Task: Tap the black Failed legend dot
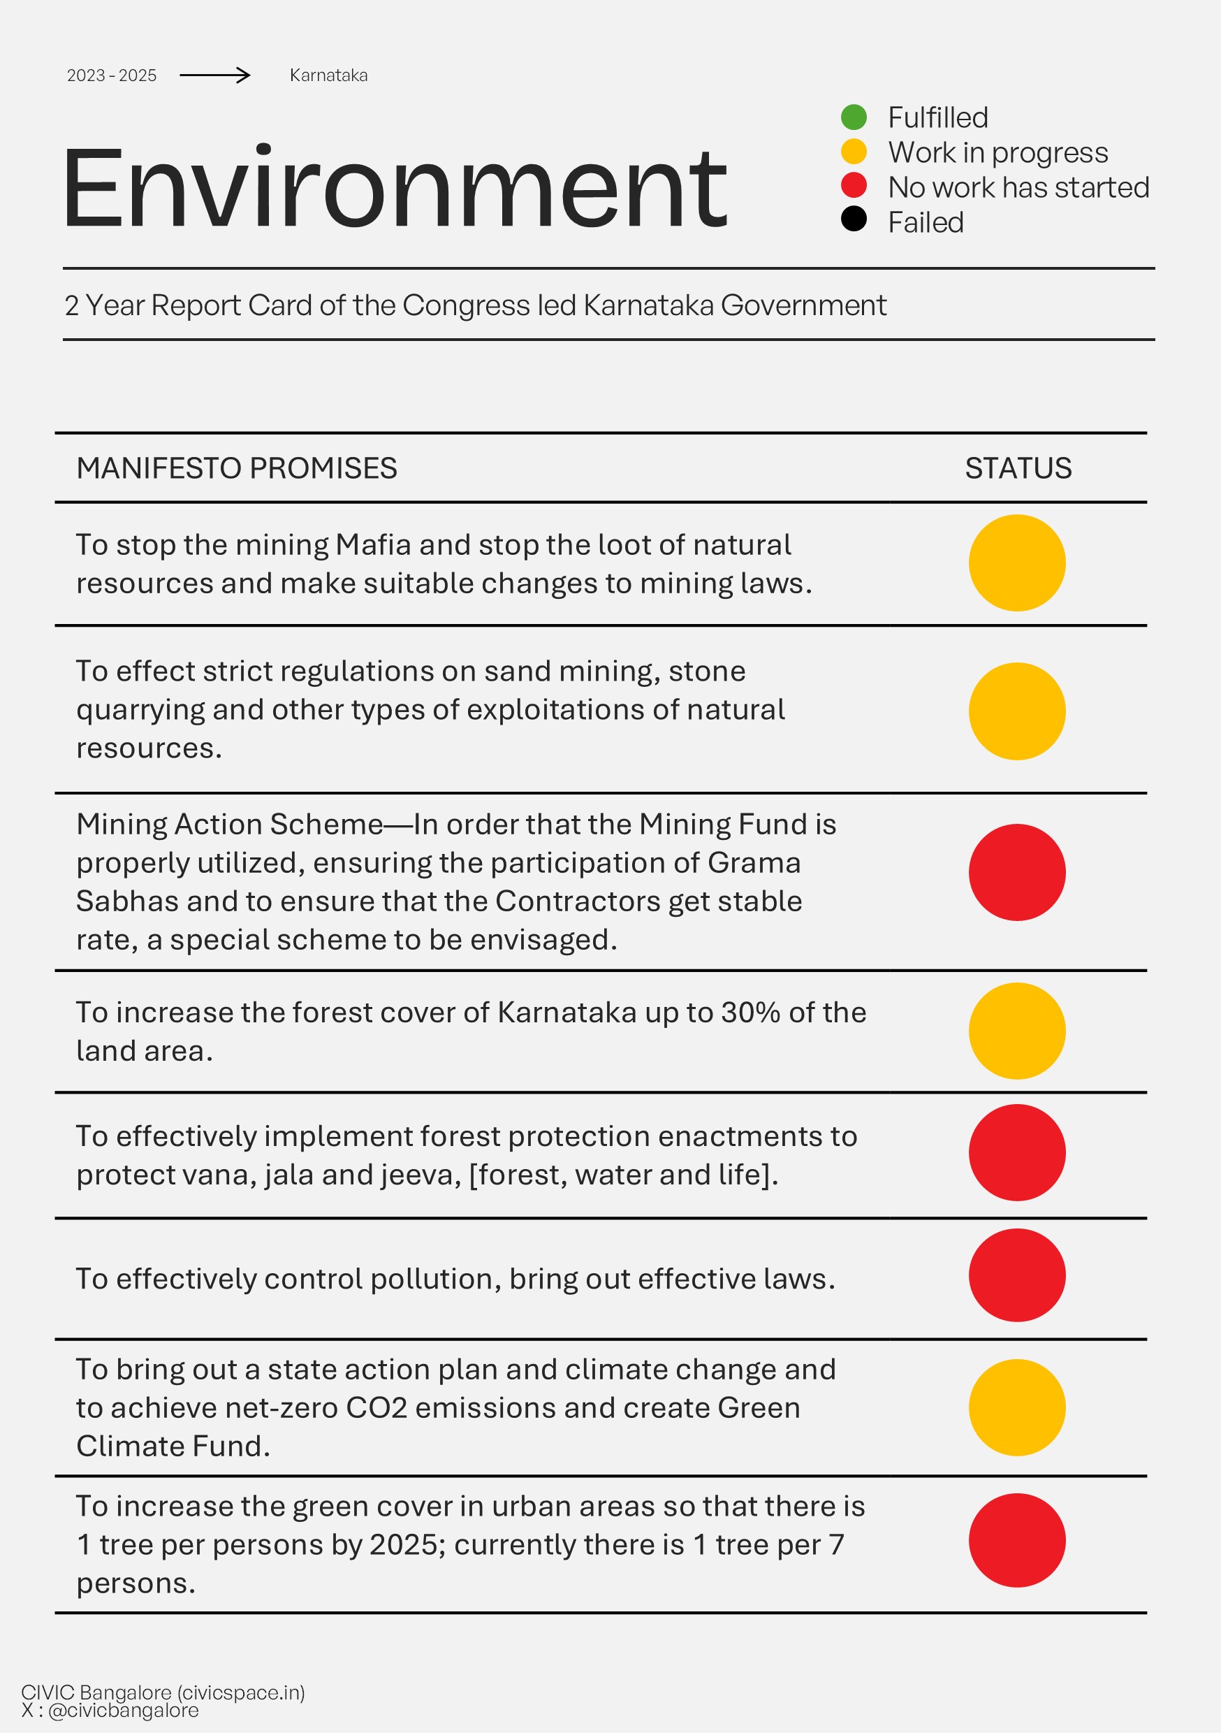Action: point(854,219)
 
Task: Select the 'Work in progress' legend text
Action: point(997,152)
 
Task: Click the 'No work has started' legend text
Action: point(1018,187)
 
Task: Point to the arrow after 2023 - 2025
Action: point(215,75)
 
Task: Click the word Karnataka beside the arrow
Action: point(328,75)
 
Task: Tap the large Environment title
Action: point(395,188)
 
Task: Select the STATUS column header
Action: point(1018,468)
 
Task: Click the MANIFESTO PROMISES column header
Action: point(237,468)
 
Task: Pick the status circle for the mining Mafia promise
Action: point(1016,563)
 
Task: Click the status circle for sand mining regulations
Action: point(1016,711)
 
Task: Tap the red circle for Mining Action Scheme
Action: point(1016,872)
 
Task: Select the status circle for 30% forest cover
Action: point(1016,1030)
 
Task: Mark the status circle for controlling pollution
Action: point(1016,1275)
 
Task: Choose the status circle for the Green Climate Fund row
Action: point(1016,1407)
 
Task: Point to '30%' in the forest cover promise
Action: point(750,1012)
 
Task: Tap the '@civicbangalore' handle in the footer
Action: point(124,1711)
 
